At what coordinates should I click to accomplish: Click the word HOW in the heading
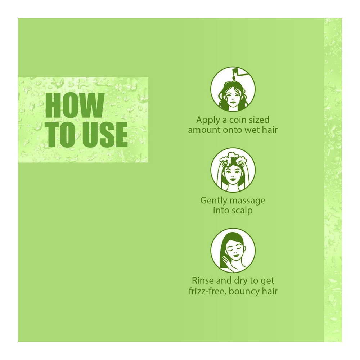[75, 105]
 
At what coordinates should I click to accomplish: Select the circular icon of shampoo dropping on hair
[233, 89]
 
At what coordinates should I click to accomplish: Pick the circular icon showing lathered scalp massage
[233, 170]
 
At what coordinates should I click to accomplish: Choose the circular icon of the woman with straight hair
[233, 251]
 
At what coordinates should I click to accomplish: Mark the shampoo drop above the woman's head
[233, 78]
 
